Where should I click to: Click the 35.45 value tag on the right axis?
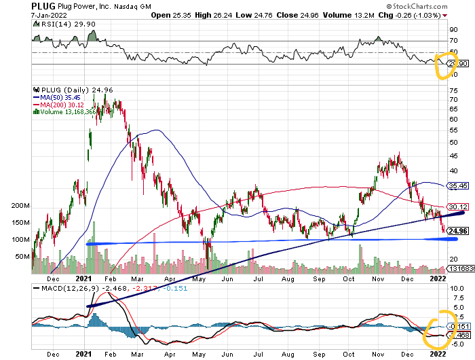(x=459, y=185)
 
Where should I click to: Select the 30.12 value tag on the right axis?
(x=459, y=206)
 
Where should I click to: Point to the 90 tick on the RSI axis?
(x=453, y=30)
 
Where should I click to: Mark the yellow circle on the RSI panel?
(x=444, y=64)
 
